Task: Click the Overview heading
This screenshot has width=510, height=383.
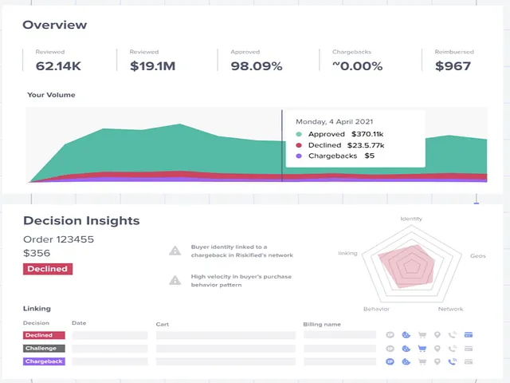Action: coord(55,25)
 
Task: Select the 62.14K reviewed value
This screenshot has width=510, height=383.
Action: coord(58,66)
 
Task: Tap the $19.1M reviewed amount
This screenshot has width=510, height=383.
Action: coord(152,66)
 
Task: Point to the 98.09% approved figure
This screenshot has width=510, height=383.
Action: coord(257,66)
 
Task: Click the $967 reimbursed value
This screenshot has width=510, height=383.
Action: coord(453,66)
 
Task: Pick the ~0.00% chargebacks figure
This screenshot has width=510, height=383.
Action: coord(357,66)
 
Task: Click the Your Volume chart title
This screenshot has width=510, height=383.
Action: coord(51,95)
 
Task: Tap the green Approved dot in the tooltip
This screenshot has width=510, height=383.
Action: coord(299,134)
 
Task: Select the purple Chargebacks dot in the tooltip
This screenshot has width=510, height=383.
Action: coord(299,156)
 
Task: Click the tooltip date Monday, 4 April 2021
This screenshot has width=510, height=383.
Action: coord(335,122)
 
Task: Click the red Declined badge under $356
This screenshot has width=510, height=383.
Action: coord(48,269)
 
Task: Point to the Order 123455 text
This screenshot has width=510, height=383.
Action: coord(58,239)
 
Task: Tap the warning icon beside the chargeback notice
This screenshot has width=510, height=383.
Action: coord(175,251)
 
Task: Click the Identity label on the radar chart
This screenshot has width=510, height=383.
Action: coord(411,219)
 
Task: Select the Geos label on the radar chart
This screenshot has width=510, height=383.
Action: coord(478,256)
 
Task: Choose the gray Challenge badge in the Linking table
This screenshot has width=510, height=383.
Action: coord(44,349)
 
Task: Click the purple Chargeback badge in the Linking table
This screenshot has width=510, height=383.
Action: coord(44,361)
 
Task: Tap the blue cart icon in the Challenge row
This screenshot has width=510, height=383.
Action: coord(422,349)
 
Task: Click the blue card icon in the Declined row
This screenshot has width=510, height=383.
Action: coord(469,335)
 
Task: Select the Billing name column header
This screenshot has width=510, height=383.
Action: coord(322,325)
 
